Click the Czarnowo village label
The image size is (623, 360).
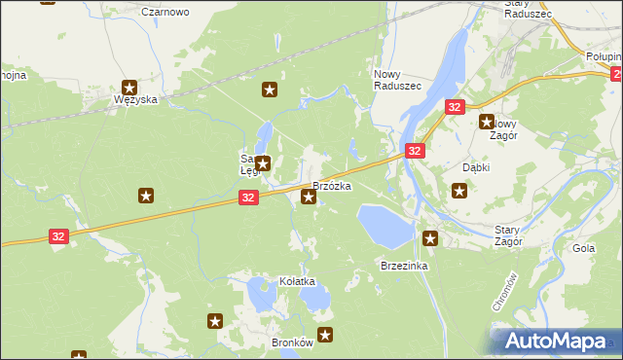pos(165,12)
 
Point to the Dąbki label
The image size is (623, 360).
pos(476,167)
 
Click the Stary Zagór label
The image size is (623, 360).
pos(508,234)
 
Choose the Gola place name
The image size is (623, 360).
pos(584,248)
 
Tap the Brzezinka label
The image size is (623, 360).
pos(405,266)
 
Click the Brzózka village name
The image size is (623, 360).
pos(332,185)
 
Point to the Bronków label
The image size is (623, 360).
pos(292,342)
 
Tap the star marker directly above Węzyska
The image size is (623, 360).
pos(128,86)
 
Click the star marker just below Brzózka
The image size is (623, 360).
pos(309,198)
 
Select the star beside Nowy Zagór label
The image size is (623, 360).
pos(487,122)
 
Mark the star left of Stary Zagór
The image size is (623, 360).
pos(430,236)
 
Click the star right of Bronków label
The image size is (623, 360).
pos(325,336)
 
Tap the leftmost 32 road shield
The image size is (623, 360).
pos(59,236)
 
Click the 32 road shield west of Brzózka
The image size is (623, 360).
pos(248,198)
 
